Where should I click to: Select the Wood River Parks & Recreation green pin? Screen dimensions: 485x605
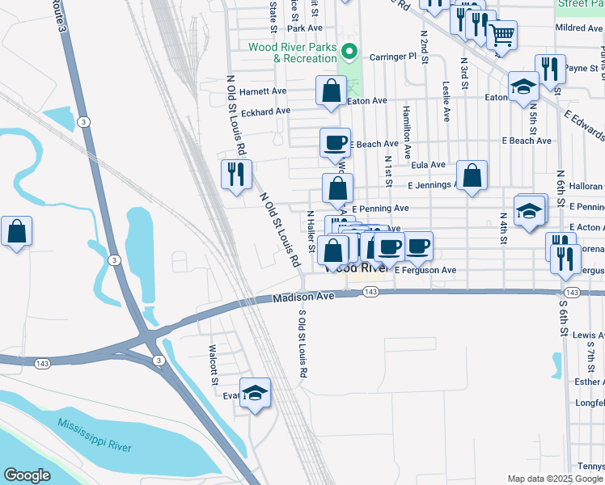point(349,53)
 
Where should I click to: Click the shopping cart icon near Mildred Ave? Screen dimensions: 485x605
point(502,35)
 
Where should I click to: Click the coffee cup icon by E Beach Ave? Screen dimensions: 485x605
point(336,143)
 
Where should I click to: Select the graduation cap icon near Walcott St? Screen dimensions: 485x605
point(256,393)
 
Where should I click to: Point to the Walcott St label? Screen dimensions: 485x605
point(214,365)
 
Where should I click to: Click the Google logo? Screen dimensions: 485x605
point(27,475)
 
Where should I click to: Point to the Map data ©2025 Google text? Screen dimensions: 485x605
point(554,479)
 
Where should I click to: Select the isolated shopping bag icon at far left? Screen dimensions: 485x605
point(16,232)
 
